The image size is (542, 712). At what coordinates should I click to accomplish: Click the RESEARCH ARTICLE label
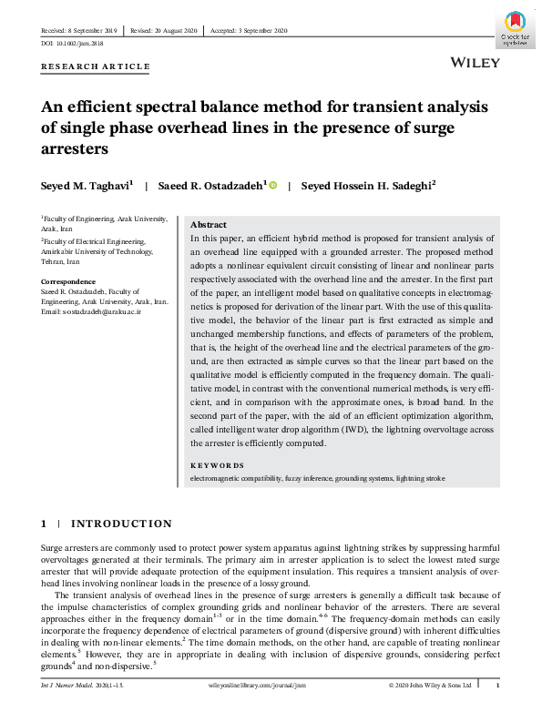(x=96, y=67)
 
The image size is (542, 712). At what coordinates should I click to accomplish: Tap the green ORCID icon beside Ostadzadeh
(x=272, y=185)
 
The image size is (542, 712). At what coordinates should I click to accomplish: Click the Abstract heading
(x=208, y=224)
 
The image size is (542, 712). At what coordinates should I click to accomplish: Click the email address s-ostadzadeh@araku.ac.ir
(x=89, y=311)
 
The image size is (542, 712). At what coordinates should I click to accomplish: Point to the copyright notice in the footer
(x=430, y=684)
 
